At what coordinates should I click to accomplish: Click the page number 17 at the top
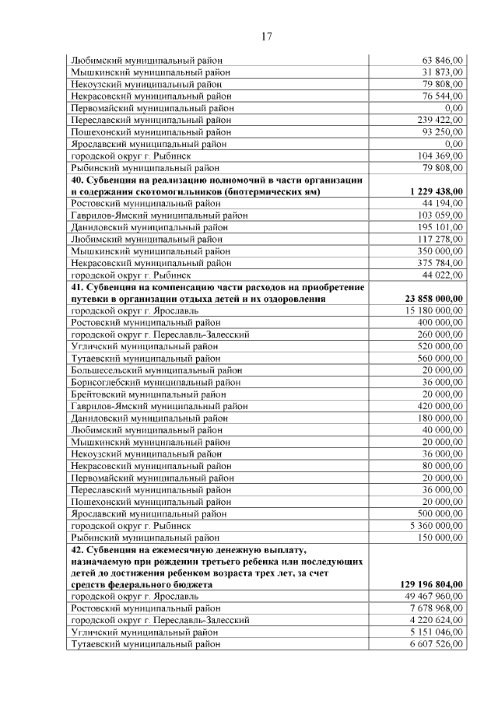(266, 37)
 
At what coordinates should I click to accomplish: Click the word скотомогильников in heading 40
(163, 191)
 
